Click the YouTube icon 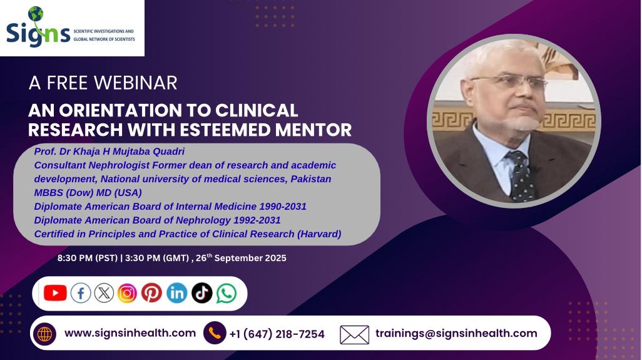55,293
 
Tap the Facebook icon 81,293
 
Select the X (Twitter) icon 104,293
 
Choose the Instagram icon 127,293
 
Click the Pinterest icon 151,293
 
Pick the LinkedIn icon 177,293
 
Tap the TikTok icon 202,293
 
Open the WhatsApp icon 227,293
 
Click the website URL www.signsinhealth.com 130,333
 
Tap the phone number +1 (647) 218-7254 277,334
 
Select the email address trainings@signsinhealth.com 456,333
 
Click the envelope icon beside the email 354,334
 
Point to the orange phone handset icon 215,333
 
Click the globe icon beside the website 44,334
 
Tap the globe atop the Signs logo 36,14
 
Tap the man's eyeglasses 510,81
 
